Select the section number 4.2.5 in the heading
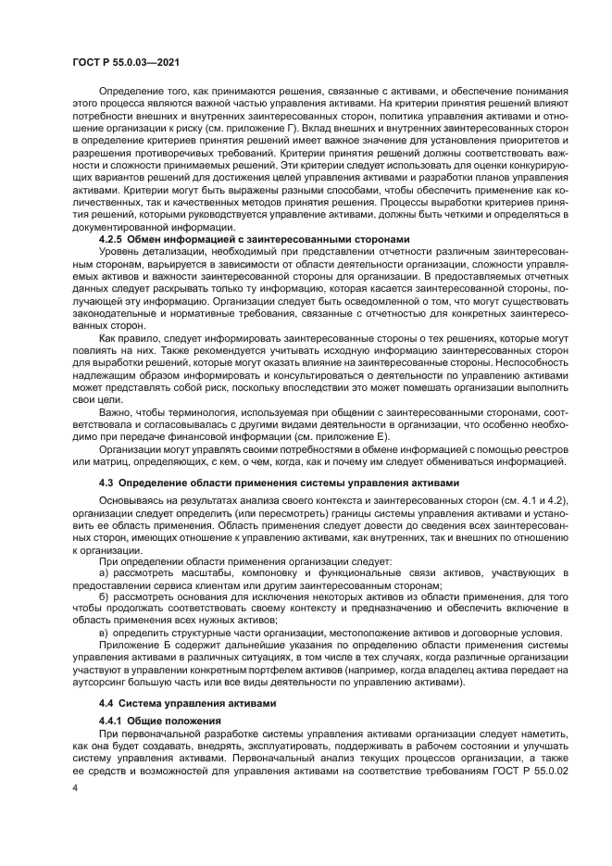point(114,239)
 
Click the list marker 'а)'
point(104,573)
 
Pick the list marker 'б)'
point(104,597)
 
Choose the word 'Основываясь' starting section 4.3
point(128,501)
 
